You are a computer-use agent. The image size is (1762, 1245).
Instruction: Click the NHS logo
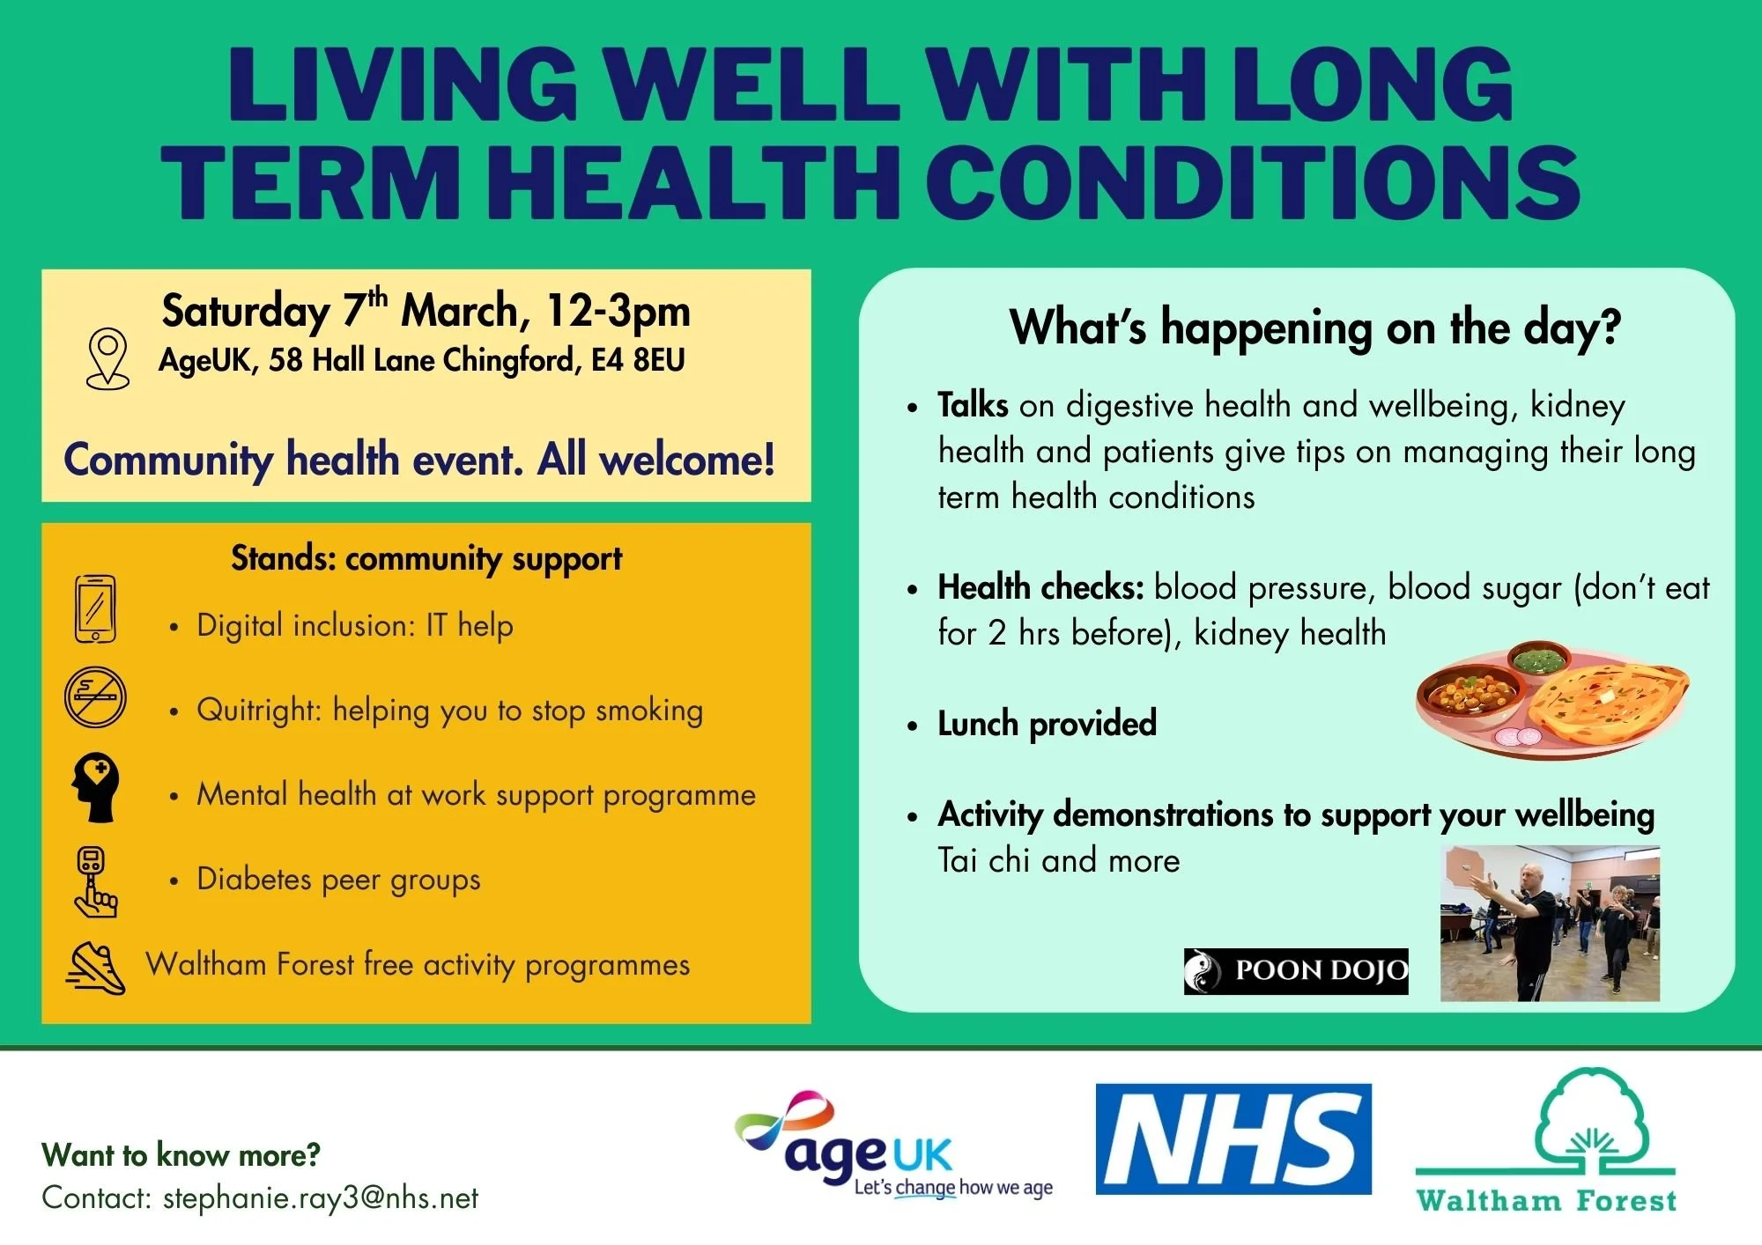pos(1233,1138)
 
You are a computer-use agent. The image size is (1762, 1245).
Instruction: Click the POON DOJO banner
pos(1295,971)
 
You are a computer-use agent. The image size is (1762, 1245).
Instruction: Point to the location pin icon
pos(107,358)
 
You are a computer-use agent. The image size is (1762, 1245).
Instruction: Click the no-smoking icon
pos(95,697)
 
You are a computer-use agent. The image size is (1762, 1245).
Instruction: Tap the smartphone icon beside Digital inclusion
pos(95,609)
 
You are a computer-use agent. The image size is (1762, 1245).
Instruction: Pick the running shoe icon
pos(95,969)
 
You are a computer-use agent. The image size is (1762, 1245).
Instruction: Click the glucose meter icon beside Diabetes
pos(94,881)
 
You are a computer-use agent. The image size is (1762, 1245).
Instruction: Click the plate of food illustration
pos(1551,700)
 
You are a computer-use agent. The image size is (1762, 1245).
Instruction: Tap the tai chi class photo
pos(1550,924)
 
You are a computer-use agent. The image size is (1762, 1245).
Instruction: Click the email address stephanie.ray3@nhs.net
pos(321,1197)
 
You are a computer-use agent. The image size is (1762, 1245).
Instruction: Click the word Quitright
pos(257,710)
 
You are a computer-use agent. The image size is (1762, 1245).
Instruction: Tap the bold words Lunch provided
pos(1047,724)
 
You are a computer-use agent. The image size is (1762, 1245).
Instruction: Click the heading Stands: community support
pos(426,558)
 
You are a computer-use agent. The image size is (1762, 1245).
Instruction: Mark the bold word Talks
pos(973,405)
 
